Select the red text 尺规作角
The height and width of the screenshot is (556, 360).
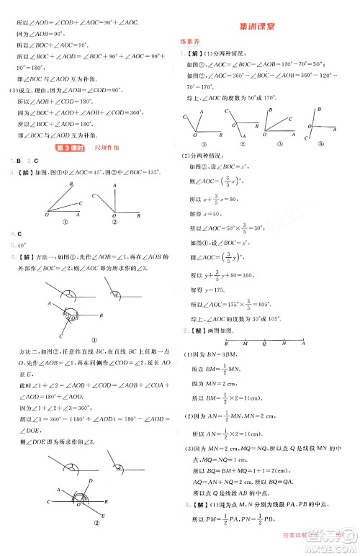tap(106, 148)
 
